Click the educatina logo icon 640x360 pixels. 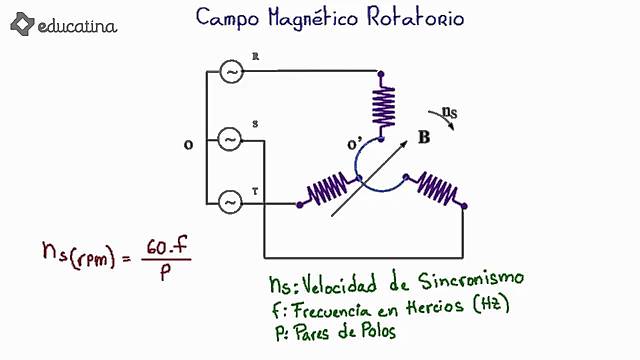point(21,23)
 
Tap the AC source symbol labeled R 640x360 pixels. point(229,72)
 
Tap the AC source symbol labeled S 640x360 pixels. point(229,140)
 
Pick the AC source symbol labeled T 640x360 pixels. point(229,203)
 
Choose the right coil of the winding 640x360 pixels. point(436,189)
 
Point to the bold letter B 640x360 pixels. point(424,139)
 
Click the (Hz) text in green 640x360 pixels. point(491,305)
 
